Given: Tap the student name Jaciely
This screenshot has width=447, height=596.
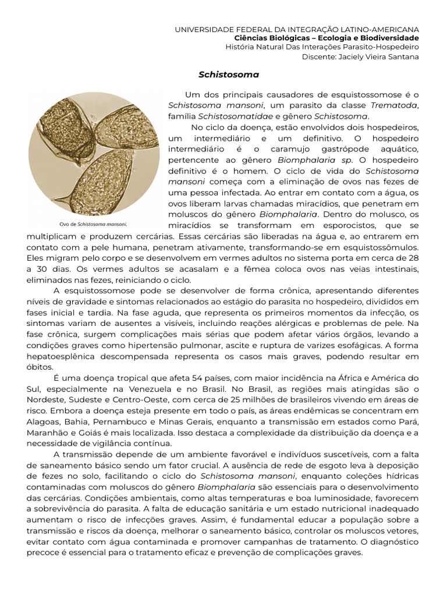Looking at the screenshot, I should point(349,56).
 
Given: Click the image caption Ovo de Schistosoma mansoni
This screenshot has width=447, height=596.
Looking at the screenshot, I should point(93,223).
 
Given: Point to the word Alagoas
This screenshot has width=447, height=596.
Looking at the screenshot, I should point(44,422).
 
